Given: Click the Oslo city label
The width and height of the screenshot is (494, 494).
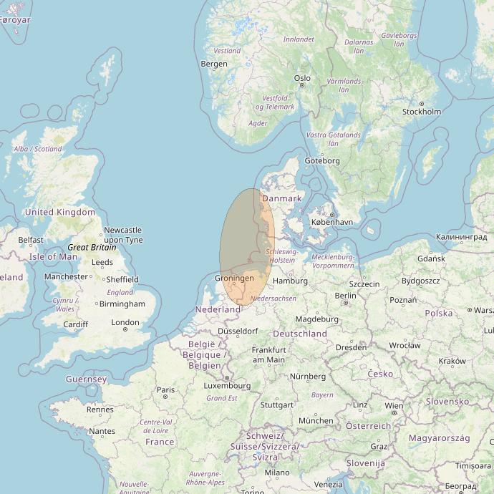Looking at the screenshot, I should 302,78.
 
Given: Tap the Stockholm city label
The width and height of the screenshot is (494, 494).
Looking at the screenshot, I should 421,112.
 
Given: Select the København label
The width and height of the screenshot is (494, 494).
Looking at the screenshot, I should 331,222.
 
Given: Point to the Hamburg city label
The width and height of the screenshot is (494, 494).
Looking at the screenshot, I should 290,281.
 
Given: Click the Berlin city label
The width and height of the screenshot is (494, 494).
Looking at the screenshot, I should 345,295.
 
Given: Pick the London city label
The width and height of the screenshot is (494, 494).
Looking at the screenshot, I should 125,322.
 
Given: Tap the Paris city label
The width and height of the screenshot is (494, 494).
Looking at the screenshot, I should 166,390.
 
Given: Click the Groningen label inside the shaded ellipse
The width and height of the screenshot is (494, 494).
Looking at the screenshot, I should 235,278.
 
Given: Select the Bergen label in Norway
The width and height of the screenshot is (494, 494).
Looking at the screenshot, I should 214,64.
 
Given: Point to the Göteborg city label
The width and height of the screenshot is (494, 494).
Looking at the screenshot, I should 322,161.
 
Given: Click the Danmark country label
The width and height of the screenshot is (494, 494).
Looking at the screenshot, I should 282,198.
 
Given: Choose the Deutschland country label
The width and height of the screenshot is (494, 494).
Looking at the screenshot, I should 300,334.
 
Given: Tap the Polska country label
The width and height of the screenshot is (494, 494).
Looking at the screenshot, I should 438,313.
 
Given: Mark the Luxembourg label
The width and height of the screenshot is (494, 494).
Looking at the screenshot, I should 227,385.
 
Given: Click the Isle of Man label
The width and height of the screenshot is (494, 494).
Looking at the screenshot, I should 53,256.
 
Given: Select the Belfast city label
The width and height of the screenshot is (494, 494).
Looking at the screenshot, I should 31,240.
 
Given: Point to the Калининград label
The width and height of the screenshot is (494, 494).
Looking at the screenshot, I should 461,236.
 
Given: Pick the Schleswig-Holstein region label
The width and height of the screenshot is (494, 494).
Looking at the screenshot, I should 281,256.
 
